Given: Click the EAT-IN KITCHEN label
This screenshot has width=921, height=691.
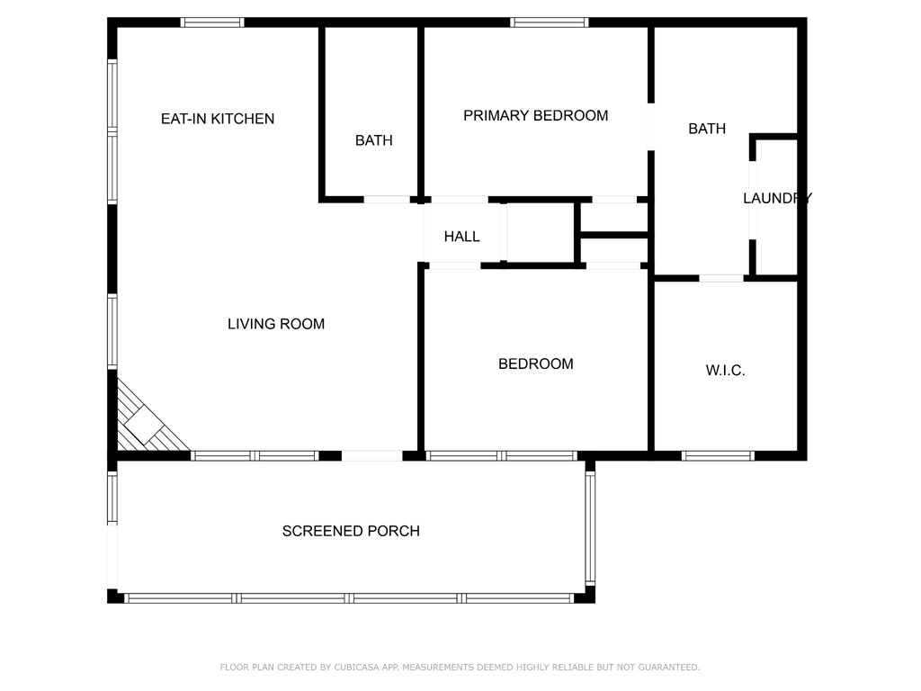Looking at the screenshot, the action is [218, 119].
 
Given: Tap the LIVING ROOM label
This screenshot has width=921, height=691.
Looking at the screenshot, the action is [276, 324].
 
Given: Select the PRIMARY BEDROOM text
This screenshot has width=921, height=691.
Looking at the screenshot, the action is [536, 116].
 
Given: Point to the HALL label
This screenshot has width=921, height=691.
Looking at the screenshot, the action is [461, 237].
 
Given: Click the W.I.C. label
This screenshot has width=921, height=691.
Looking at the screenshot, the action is [726, 370].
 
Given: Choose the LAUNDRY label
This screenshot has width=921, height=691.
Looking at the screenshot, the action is [777, 198].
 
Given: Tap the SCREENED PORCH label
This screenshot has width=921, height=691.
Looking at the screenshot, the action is [351, 531].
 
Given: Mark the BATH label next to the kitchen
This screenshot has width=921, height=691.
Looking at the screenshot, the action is [373, 140].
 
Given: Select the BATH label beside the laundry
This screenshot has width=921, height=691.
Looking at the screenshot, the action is [707, 129].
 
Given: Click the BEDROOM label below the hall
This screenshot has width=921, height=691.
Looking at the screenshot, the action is [536, 363].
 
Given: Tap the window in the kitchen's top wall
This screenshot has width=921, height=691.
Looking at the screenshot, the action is [212, 22].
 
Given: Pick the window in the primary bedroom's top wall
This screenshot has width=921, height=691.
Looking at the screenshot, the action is [550, 22].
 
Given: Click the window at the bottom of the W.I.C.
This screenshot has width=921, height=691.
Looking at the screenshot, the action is [718, 455].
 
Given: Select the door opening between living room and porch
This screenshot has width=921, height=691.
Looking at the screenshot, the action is [371, 455].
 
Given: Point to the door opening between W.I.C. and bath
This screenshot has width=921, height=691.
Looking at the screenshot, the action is [721, 278].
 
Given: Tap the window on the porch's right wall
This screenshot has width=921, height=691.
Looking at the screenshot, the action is [590, 528].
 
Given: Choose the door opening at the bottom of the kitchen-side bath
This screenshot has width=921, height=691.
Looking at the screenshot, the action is [387, 200].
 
